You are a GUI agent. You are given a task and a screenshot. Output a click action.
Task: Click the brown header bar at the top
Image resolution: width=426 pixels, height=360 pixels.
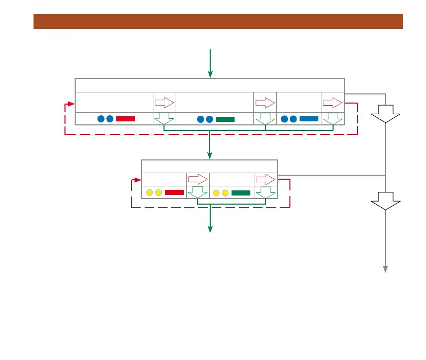218,22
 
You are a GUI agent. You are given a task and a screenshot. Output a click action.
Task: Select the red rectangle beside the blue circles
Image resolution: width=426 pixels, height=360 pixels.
125,119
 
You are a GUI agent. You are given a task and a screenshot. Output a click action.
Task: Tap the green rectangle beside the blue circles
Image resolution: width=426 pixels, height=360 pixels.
225,119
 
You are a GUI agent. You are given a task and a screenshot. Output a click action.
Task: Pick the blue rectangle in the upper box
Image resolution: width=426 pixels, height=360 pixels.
309,119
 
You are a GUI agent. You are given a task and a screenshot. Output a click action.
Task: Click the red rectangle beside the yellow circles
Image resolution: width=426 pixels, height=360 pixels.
174,192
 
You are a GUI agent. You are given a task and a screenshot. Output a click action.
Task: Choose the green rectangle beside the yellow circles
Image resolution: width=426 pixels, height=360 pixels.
241,192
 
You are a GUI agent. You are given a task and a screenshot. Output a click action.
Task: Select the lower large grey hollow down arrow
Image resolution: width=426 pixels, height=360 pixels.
385,202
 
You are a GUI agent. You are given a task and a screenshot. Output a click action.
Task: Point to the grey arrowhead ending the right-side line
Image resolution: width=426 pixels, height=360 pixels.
385,269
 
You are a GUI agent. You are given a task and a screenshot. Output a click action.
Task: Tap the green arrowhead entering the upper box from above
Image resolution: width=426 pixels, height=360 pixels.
210,75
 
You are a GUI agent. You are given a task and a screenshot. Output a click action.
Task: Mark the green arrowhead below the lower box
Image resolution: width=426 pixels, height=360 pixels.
210,230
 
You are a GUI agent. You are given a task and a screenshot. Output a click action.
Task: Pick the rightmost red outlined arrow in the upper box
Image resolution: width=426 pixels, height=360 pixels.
333,103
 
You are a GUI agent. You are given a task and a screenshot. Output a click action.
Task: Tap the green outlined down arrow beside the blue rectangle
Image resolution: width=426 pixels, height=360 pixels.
333,119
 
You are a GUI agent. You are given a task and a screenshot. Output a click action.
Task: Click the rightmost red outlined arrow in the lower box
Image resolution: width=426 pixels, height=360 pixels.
266,179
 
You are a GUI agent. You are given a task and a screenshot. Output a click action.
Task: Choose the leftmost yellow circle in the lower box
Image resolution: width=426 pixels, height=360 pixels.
149,193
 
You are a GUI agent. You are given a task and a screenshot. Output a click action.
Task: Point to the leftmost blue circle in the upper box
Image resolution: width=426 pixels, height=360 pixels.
101,119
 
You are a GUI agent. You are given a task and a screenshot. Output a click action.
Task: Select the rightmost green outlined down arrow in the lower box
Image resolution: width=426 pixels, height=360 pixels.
266,192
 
